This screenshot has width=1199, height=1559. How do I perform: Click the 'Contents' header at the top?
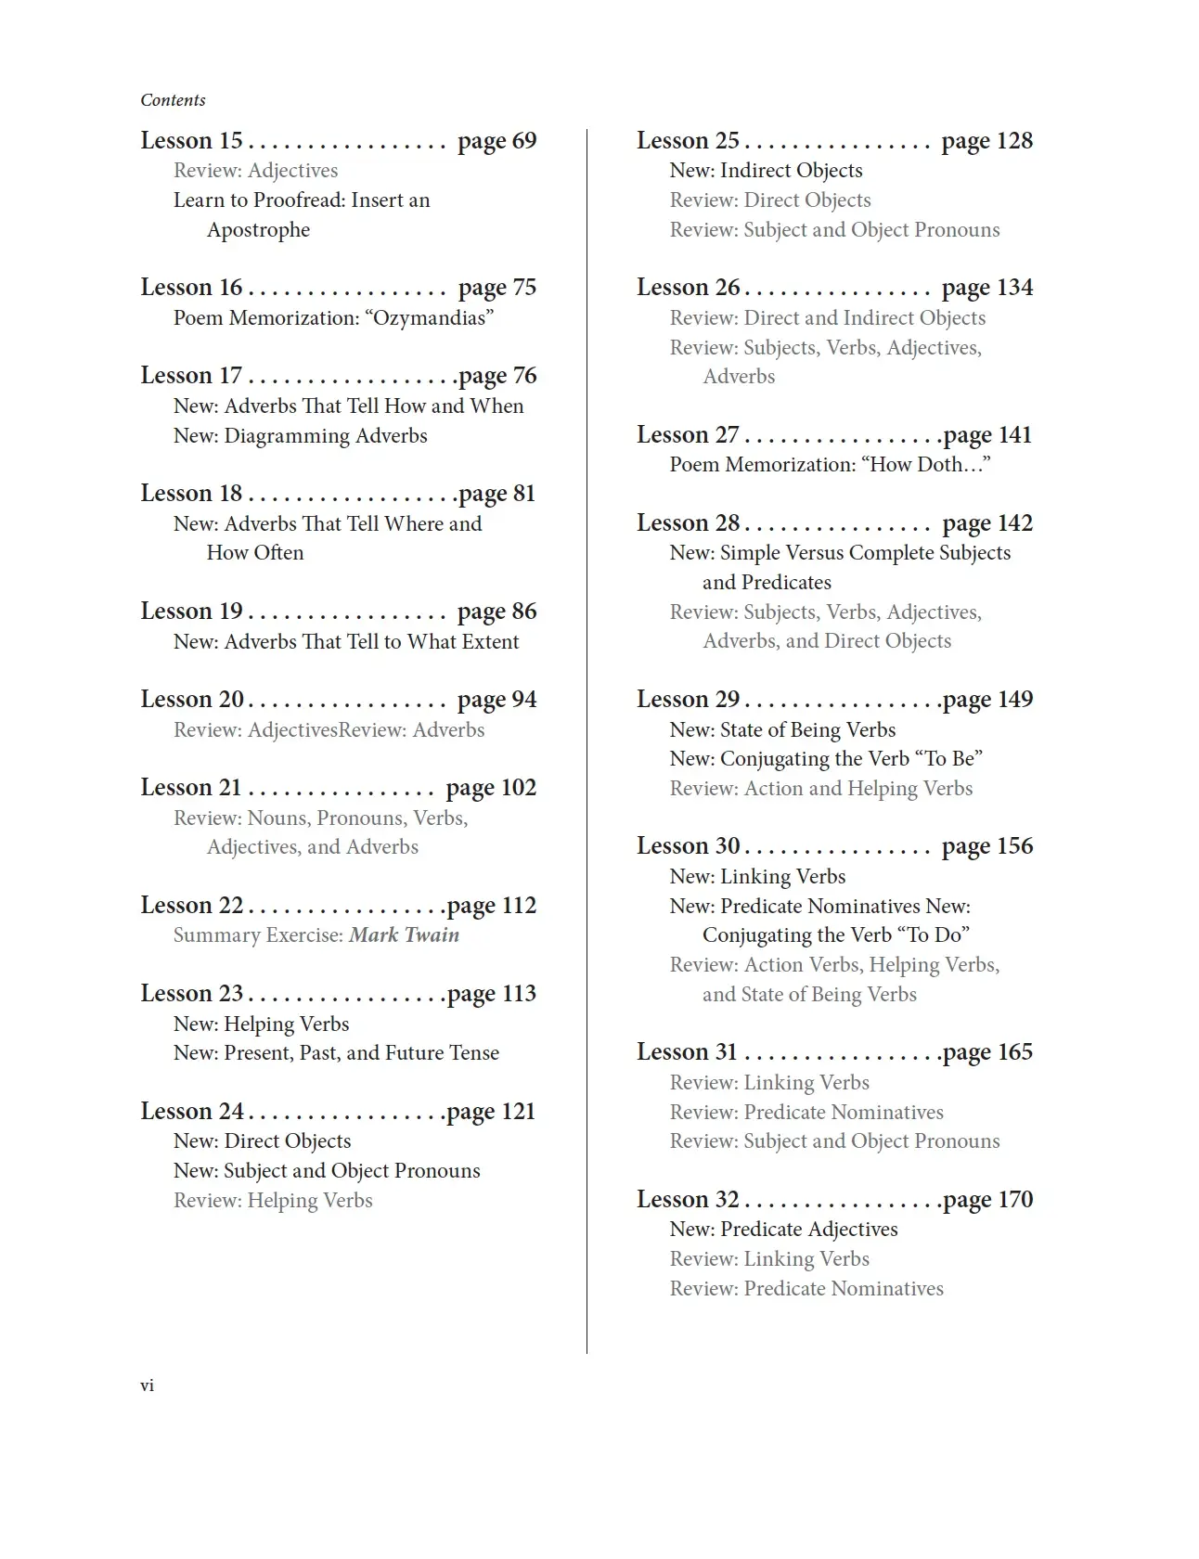coord(173,100)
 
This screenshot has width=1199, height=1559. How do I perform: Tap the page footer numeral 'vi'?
coord(147,1385)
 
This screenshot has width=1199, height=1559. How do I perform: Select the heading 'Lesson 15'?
coord(191,141)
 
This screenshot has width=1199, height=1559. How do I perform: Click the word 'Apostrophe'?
coord(258,230)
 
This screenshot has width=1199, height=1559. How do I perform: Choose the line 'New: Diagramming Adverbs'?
coord(300,436)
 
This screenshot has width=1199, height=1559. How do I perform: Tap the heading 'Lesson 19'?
coord(191,612)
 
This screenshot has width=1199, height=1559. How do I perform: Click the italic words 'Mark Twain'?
coord(404,935)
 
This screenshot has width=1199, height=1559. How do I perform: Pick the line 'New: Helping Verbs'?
coord(261,1024)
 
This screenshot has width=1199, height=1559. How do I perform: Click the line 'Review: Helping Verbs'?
coord(273,1201)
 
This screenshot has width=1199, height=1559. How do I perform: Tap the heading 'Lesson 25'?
coord(688,141)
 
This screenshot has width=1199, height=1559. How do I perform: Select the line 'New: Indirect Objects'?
coord(766,171)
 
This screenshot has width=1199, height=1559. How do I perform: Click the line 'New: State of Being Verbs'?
coord(782,730)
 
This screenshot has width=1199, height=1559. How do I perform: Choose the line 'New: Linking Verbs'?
coord(757,877)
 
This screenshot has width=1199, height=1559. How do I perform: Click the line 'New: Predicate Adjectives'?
coord(783,1230)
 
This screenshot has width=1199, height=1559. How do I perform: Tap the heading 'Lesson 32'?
coord(688,1200)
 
